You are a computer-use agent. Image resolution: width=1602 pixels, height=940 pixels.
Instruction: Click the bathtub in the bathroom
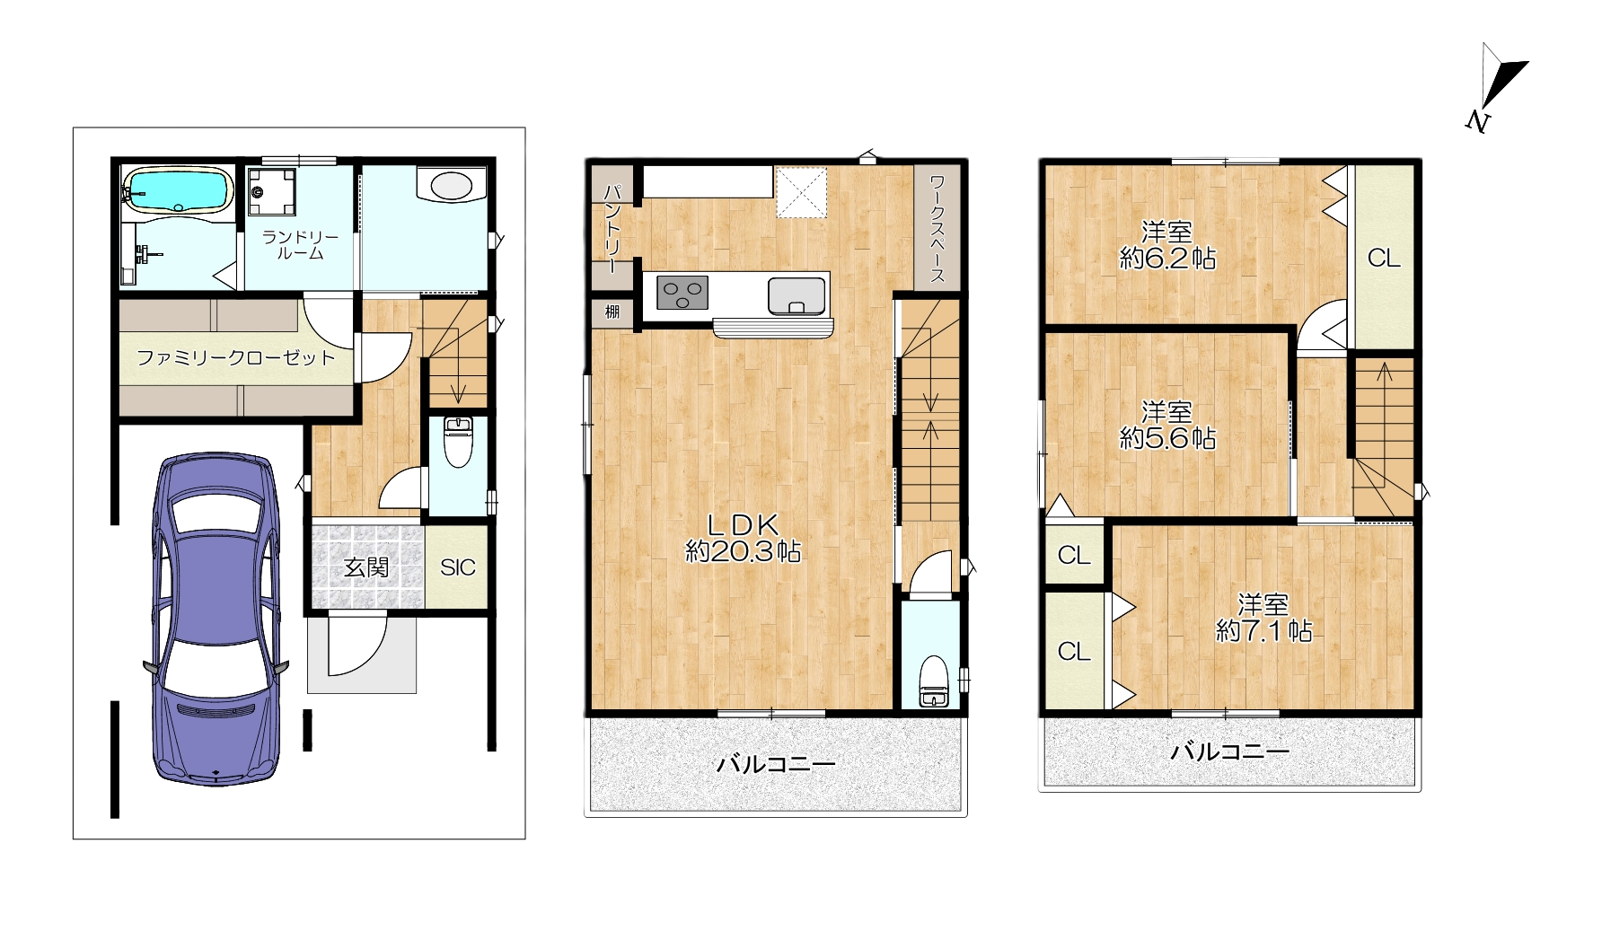(x=177, y=189)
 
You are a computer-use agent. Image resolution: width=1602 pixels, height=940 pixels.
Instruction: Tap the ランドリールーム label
(x=300, y=245)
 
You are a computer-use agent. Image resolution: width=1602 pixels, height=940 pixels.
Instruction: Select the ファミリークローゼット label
(x=235, y=357)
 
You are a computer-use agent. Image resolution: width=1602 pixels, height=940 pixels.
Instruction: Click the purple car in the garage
(x=216, y=619)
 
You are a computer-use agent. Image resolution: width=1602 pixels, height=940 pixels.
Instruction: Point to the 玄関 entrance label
(x=366, y=567)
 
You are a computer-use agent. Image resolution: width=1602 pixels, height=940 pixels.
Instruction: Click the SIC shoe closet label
(x=458, y=567)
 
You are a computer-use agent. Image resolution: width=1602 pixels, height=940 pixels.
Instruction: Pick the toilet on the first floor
(x=459, y=443)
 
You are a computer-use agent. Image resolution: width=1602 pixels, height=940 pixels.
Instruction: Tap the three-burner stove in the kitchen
(x=682, y=294)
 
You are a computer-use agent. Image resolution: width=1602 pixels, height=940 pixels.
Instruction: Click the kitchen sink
(x=797, y=295)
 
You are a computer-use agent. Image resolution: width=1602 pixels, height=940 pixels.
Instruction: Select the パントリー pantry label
(x=612, y=229)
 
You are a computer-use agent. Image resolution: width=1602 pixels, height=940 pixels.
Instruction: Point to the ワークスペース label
(x=937, y=229)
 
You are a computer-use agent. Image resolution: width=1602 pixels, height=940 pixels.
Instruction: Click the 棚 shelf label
(x=612, y=312)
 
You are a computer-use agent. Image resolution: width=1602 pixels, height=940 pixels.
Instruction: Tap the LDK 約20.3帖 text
(x=744, y=537)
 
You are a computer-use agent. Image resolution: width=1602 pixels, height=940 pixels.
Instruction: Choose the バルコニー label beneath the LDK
(x=776, y=765)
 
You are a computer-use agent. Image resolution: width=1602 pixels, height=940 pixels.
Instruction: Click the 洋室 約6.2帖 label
(x=1167, y=245)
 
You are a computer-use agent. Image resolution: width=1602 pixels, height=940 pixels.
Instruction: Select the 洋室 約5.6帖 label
(x=1167, y=425)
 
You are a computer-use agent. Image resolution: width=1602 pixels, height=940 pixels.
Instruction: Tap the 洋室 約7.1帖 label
(x=1263, y=618)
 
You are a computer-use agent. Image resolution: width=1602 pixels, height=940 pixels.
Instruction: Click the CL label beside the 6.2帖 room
(x=1384, y=259)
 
